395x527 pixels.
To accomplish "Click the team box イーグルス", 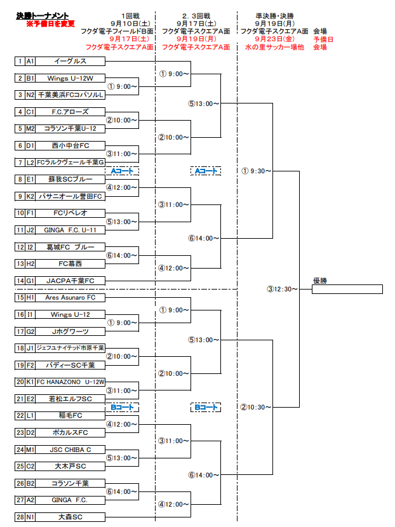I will tap(70, 62).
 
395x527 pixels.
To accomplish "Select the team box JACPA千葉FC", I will tap(70, 281).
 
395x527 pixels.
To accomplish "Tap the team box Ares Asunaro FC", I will tap(70, 297).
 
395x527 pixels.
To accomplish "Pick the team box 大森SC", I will tap(70, 517).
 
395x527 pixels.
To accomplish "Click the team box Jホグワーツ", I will tap(70, 331).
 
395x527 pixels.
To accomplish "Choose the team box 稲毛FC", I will tap(70, 415).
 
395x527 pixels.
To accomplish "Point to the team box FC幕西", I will tap(70, 263).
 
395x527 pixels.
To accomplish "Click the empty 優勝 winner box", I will tap(347, 289).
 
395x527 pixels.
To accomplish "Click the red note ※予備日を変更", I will tap(50, 23).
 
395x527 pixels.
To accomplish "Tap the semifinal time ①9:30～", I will tap(257, 171).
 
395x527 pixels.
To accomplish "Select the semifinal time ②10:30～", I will tap(257, 407).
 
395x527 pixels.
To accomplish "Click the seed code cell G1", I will tap(30, 281).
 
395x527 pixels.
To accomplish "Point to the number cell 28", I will tap(20, 517).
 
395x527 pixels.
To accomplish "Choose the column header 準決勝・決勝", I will tap(273, 15).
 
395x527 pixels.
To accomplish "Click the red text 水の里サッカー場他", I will tap(274, 47).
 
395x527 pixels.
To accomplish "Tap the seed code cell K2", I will tap(30, 196).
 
